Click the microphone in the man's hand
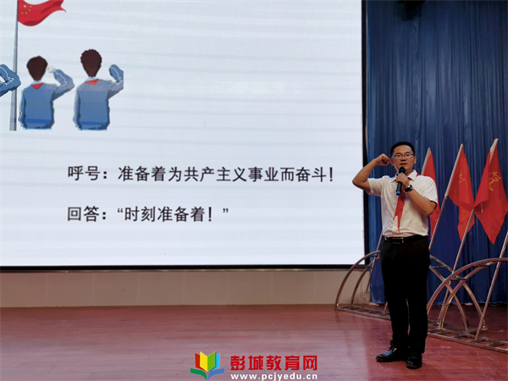tap(400, 181)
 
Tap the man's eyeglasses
tap(403, 156)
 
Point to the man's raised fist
tap(383, 159)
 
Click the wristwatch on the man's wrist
tap(409, 188)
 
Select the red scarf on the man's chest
tap(400, 201)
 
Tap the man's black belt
tap(404, 239)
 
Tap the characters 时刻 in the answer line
tap(141, 214)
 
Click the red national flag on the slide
tap(40, 11)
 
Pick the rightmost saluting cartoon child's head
tap(91, 63)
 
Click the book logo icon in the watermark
tap(207, 365)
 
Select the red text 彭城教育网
tap(273, 363)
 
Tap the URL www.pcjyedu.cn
tap(273, 377)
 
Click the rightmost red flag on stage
tap(490, 194)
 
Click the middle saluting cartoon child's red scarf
tap(37, 86)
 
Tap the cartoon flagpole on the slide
tap(14, 65)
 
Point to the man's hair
tap(403, 146)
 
